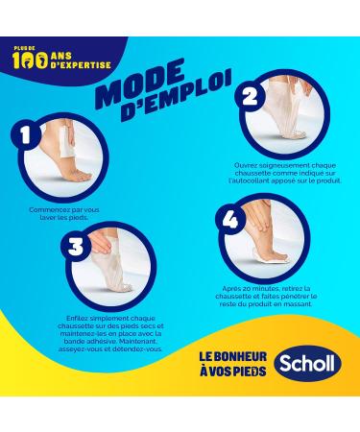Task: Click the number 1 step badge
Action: point(25,135)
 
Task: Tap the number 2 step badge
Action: point(250,96)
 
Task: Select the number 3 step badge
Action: point(76,247)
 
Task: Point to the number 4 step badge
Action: point(230,221)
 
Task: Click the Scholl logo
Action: point(307,363)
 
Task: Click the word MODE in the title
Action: point(141,84)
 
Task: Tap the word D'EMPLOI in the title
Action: point(176,99)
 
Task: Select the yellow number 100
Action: point(31,60)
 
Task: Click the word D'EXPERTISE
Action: point(81,65)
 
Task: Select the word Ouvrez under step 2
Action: point(245,166)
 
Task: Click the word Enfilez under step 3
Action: point(78,319)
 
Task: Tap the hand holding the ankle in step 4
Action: point(255,218)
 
